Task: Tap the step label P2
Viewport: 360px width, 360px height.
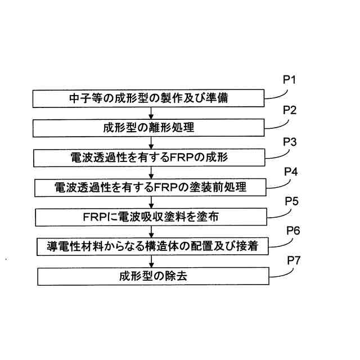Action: [x=290, y=109]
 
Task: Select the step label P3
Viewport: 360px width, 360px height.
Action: [x=290, y=139]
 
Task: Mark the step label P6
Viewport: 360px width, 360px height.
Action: [x=294, y=230]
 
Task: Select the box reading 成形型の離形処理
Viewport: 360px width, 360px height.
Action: [x=149, y=128]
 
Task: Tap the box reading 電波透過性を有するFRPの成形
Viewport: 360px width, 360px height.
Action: [x=149, y=157]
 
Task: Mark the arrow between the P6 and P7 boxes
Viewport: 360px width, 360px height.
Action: [x=151, y=261]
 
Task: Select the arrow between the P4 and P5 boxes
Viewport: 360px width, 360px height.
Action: [x=151, y=202]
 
